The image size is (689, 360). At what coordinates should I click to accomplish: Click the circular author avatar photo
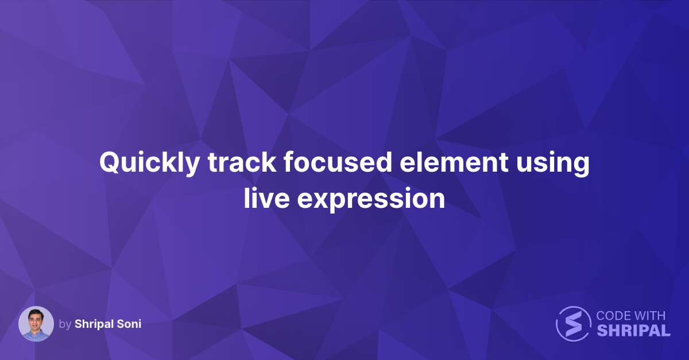point(36,324)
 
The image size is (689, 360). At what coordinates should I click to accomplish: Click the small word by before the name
point(65,324)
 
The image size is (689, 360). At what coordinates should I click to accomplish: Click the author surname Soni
point(129,324)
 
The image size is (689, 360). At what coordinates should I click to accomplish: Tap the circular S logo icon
point(573,324)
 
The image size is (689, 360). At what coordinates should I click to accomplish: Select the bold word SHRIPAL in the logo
point(633,331)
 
